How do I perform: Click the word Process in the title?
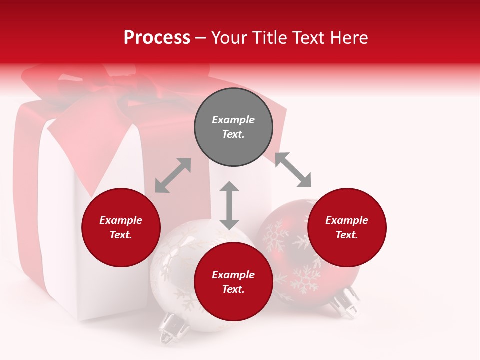pyautogui.click(x=157, y=38)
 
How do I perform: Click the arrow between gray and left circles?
pyautogui.click(x=173, y=175)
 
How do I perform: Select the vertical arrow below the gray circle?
pyautogui.click(x=229, y=205)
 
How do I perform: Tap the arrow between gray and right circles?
pyautogui.click(x=293, y=170)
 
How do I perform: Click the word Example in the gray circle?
pyautogui.click(x=233, y=120)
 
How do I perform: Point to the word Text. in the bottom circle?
pyautogui.click(x=233, y=289)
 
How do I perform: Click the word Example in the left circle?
pyautogui.click(x=121, y=220)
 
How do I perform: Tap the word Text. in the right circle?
pyautogui.click(x=347, y=235)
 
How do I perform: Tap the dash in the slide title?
pyautogui.click(x=200, y=38)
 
